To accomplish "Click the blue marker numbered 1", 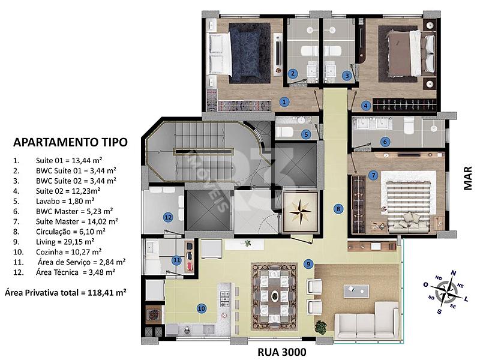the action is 284,101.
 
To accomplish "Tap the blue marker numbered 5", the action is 306,134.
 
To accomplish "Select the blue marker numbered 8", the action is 338,209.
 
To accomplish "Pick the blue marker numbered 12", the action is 168,218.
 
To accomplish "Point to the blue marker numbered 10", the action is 202,308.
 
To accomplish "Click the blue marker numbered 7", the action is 373,175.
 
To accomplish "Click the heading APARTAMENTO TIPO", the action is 70,142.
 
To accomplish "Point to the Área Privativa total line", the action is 65,293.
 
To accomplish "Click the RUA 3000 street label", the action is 281,352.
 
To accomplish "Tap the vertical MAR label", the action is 468,178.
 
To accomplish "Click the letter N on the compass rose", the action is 454,273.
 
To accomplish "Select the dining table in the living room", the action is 275,296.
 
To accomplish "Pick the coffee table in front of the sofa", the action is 356,291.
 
